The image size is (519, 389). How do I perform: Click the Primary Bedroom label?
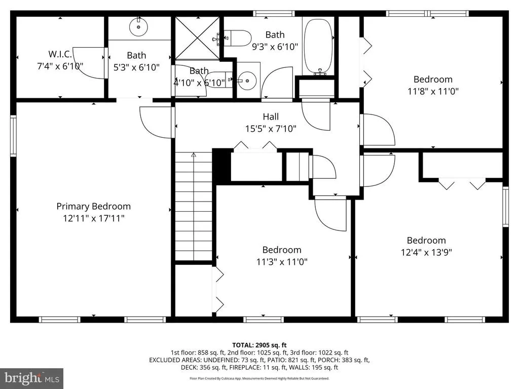[94, 207]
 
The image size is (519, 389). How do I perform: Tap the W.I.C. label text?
[60, 54]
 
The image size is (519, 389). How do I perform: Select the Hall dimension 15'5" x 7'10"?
[271, 128]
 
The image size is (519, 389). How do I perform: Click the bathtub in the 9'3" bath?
[318, 46]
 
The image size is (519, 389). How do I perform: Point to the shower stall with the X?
[197, 38]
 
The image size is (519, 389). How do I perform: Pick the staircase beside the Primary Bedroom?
[194, 206]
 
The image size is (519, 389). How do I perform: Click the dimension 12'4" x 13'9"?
[426, 252]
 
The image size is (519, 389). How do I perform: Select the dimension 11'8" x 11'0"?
[433, 91]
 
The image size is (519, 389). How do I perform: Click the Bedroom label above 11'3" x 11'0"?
[282, 250]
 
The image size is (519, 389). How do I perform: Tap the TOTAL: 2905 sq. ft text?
[259, 345]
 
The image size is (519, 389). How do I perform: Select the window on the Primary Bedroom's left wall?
[13, 136]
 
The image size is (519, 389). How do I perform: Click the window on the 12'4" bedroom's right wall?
[505, 207]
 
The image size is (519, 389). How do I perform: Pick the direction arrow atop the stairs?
[194, 155]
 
